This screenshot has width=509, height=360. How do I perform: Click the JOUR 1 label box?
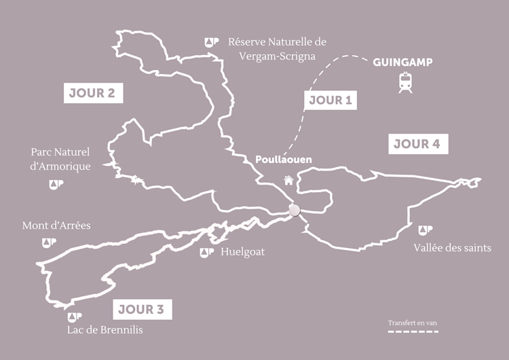331,100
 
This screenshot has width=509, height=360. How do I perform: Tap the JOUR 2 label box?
94,93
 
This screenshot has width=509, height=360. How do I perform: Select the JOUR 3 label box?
141,310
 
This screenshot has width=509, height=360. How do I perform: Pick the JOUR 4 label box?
417,144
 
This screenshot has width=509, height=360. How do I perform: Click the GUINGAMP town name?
402,63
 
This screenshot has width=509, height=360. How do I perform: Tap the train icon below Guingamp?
406,83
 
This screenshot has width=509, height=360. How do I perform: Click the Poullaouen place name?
284,160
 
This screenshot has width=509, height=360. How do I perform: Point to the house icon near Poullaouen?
289,180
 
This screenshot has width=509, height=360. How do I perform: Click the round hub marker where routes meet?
295,211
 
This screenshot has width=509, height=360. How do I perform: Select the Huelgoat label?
243,252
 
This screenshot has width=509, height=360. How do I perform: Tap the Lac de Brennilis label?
106,330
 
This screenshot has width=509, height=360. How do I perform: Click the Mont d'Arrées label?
56,226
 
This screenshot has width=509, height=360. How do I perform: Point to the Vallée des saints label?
452,247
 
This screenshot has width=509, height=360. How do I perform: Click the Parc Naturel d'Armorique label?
60,160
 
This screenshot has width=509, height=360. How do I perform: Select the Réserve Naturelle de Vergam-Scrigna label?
277,48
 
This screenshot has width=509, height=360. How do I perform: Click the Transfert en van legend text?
413,322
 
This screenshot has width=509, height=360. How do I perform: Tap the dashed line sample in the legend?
413,331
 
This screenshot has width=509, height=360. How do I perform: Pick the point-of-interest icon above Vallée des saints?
426,230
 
